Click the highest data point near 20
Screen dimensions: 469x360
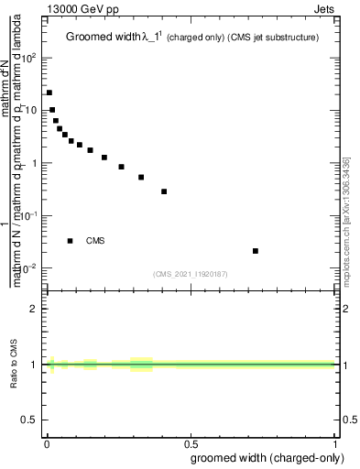(49, 93)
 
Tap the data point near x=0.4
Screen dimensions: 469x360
(164, 191)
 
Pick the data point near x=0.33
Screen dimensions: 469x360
(141, 177)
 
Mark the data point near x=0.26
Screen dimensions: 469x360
(121, 167)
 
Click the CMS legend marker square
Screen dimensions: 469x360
(71, 241)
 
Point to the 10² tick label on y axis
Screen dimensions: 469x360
(29, 58)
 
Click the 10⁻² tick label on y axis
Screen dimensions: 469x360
(29, 268)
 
